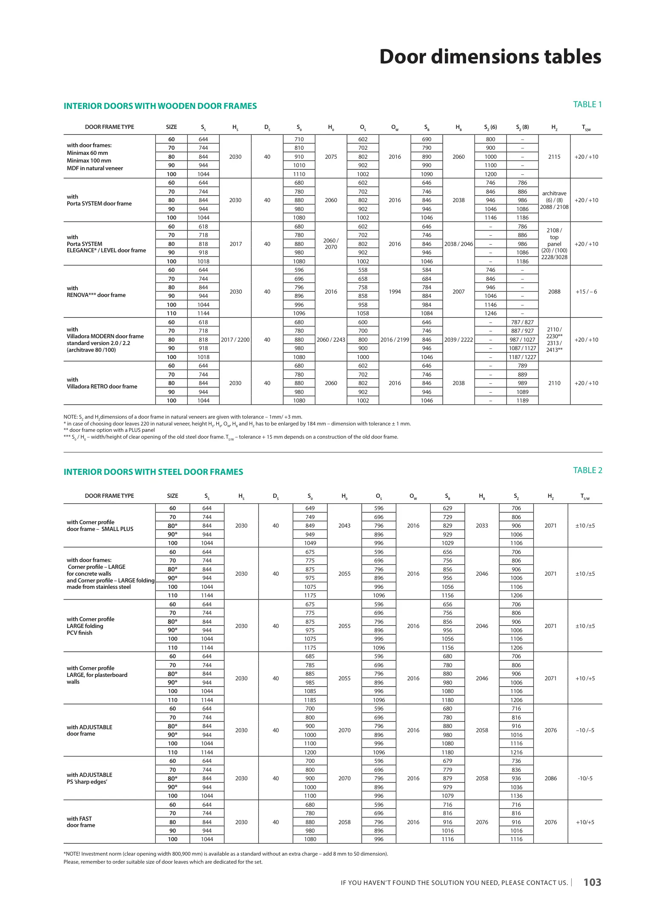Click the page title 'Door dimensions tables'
point(490,57)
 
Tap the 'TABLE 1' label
point(587,105)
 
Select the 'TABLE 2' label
point(587,470)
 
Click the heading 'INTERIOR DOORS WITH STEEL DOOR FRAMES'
point(153,472)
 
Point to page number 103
point(592,882)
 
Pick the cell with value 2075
point(331,157)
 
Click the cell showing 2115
point(554,157)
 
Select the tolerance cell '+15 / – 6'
point(586,291)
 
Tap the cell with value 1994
point(395,291)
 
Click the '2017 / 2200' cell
point(235,340)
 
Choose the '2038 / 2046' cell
point(458,244)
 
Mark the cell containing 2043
point(344,525)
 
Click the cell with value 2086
point(550,778)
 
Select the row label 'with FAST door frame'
point(81,822)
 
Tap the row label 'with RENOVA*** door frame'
point(96,291)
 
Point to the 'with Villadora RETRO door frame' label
point(102,383)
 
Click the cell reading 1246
point(490,313)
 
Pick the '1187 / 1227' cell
point(522,357)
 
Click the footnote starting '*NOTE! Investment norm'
point(226,853)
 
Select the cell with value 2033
point(482,525)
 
